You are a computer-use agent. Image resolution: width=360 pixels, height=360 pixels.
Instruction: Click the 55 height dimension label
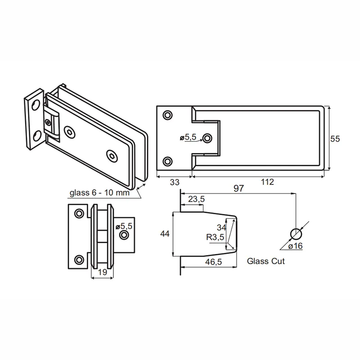click(x=335, y=139)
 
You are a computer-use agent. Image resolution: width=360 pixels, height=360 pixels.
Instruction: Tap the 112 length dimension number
click(x=267, y=182)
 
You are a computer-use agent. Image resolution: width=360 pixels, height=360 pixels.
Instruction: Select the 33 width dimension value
click(x=175, y=182)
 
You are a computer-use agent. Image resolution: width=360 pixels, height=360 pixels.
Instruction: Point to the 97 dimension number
click(x=238, y=188)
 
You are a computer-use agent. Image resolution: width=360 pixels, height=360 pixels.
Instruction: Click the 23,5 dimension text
click(x=196, y=199)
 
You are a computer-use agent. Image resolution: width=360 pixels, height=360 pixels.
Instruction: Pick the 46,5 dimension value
click(x=213, y=262)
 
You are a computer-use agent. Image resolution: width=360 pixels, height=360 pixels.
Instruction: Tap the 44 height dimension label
click(x=165, y=234)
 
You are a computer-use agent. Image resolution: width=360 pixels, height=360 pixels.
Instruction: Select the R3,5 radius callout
click(x=215, y=237)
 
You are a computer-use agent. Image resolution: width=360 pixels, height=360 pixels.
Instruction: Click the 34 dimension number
click(x=221, y=228)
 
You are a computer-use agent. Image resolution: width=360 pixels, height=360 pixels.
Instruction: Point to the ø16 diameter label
click(x=296, y=246)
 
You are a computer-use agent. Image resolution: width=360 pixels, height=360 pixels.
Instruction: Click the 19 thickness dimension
click(x=103, y=272)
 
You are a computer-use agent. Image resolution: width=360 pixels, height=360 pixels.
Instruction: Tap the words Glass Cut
click(x=266, y=261)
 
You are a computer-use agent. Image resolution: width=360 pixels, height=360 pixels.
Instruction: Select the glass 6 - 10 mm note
click(x=99, y=193)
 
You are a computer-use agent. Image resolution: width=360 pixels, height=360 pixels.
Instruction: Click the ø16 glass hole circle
click(x=296, y=234)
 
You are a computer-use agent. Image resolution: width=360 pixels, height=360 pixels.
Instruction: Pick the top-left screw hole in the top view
click(x=167, y=115)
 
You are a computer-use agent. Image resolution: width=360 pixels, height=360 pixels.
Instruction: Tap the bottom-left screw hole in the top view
click(x=167, y=162)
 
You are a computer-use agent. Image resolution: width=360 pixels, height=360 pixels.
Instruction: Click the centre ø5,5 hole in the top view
click(x=207, y=138)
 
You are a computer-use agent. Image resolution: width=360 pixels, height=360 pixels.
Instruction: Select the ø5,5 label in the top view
click(x=188, y=137)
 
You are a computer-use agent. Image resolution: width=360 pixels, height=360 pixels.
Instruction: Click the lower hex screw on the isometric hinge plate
click(x=112, y=156)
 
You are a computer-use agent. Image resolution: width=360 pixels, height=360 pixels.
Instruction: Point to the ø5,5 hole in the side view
click(x=124, y=235)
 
